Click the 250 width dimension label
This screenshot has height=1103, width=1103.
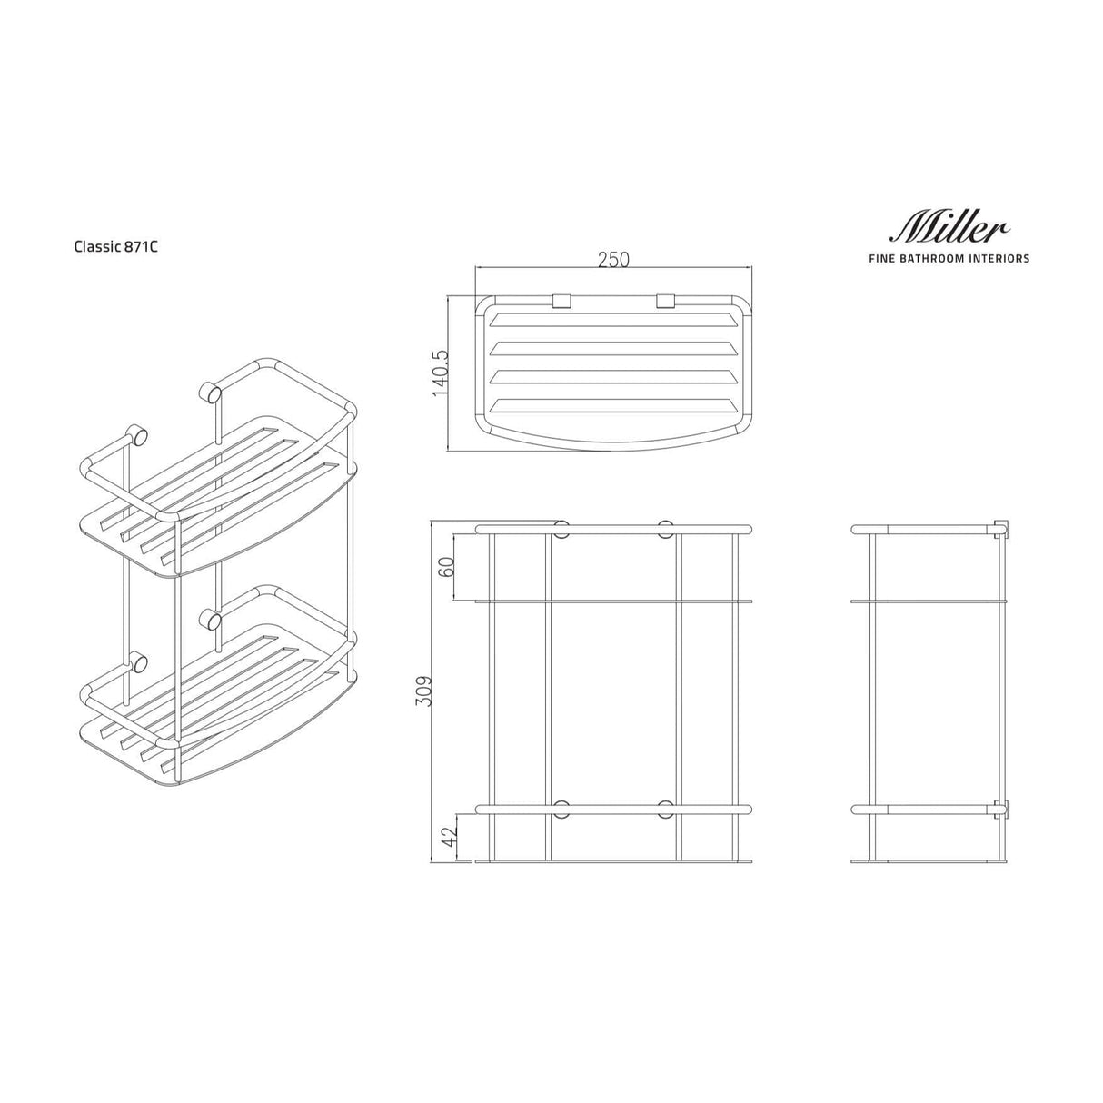point(613,259)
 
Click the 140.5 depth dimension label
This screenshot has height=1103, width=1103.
point(441,372)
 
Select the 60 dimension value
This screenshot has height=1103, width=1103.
point(446,567)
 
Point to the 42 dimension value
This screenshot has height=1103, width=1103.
point(446,837)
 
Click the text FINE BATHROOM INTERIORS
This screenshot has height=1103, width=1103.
point(949,259)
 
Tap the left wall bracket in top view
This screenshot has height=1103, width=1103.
point(560,300)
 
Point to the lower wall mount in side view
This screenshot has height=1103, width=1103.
point(1001,808)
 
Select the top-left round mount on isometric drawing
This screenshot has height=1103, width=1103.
point(139,434)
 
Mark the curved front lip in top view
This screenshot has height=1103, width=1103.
point(613,441)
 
